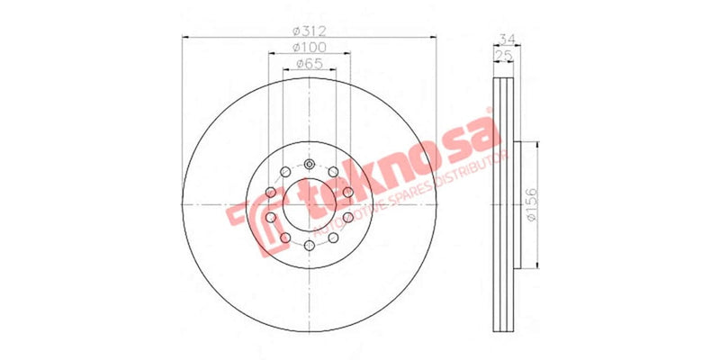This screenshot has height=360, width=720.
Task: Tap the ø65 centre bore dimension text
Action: point(310,63)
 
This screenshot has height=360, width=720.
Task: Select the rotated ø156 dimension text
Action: point(532,206)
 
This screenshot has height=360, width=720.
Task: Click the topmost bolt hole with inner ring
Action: point(310,165)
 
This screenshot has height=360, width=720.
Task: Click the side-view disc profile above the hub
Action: point(503,108)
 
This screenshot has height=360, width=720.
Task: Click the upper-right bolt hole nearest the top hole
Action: point(333,172)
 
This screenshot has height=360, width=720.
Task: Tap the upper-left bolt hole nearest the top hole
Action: point(285,172)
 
